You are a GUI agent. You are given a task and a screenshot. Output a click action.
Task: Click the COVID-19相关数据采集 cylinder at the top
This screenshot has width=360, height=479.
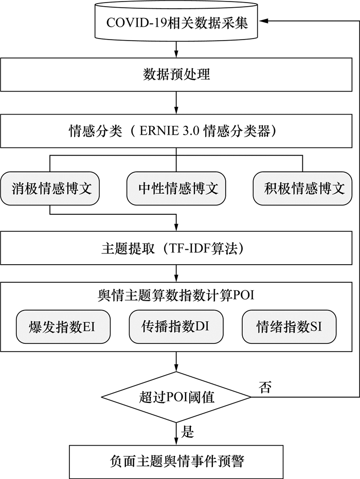pos(176,23)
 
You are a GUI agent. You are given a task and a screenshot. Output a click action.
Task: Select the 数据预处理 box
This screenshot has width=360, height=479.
pos(176,75)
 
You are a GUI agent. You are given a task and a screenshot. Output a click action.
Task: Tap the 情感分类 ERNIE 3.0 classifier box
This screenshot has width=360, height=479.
pos(176,131)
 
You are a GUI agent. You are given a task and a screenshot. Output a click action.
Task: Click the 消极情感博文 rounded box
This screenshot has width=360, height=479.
pos(49,189)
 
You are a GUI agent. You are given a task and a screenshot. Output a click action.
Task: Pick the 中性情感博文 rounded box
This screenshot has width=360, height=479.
pos(176,189)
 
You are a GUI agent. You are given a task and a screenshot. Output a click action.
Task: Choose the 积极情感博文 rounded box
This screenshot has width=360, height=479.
pos(303,189)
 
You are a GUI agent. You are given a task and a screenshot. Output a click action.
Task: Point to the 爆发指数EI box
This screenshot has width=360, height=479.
pos(63,326)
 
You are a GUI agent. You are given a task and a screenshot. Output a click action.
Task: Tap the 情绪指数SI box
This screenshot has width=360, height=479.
pos(289,326)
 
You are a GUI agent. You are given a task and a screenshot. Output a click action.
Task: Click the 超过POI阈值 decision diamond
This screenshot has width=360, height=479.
pos(176,397)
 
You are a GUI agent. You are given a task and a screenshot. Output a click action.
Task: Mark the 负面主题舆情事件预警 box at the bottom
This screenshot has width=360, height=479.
pos(176,460)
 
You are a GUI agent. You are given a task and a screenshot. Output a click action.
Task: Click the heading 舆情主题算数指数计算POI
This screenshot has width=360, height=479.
pos(176,296)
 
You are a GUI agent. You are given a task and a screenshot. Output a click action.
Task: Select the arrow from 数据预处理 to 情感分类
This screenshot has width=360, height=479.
pos(176,103)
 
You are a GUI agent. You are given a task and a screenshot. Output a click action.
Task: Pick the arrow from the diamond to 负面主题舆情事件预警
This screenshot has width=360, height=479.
pos(176,434)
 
